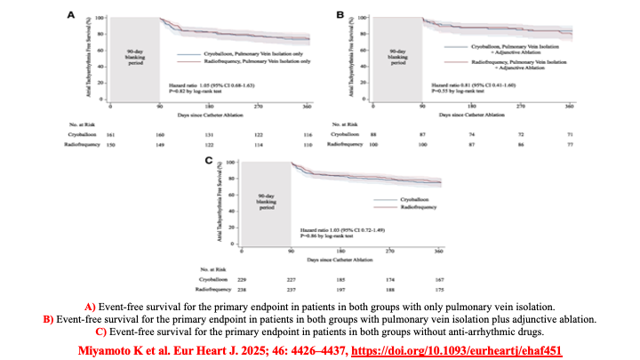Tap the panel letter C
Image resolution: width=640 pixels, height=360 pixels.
[208, 161]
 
